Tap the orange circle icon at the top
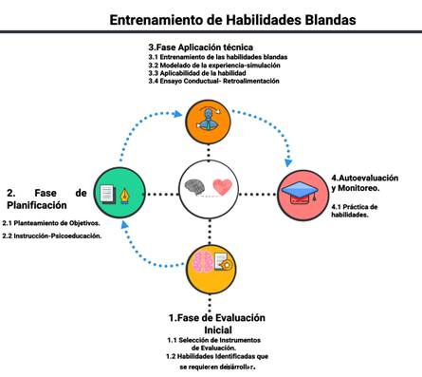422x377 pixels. point(208,117)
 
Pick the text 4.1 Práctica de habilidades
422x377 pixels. point(355,211)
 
